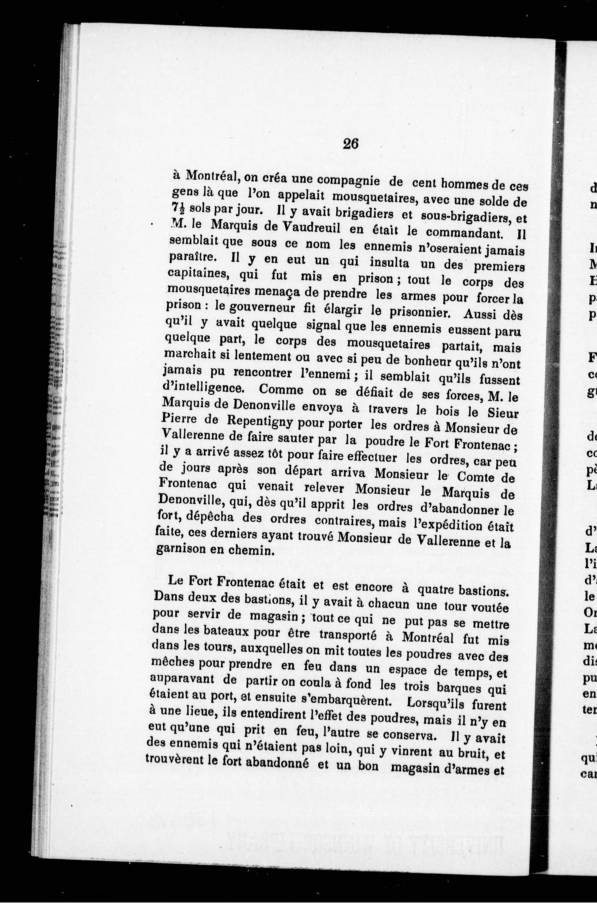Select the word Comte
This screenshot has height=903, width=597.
[475, 477]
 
